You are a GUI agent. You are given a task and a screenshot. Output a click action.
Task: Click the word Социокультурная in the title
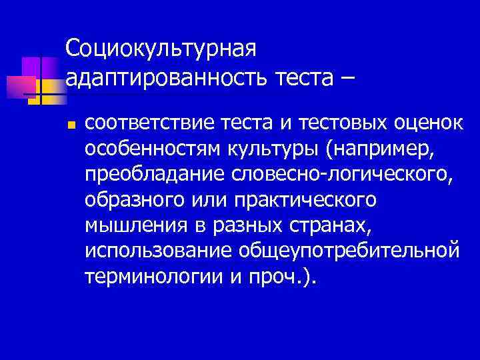pyautogui.click(x=161, y=48)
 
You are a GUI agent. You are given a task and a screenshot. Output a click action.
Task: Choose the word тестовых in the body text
pyautogui.click(x=323, y=123)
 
